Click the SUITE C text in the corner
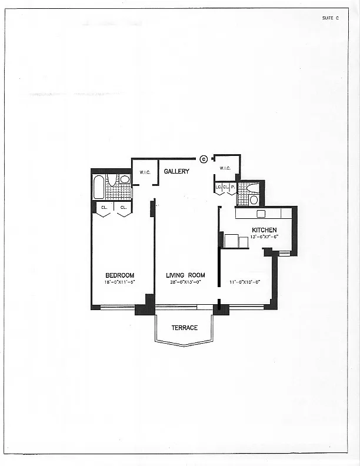point(331,18)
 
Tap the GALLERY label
point(176,171)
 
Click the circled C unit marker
point(204,158)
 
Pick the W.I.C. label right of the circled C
point(225,168)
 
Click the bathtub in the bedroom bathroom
point(99,187)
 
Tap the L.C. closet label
point(218,187)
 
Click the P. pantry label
point(232,187)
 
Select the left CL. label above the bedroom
point(104,207)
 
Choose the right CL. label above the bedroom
point(124,207)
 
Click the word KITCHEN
point(264,230)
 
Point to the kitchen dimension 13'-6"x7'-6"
point(264,237)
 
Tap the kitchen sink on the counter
point(261,214)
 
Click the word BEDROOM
point(120,275)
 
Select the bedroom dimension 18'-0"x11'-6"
point(120,282)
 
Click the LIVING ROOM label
point(185,275)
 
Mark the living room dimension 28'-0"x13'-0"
point(185,282)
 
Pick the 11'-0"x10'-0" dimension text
point(245,282)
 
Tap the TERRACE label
point(185,328)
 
